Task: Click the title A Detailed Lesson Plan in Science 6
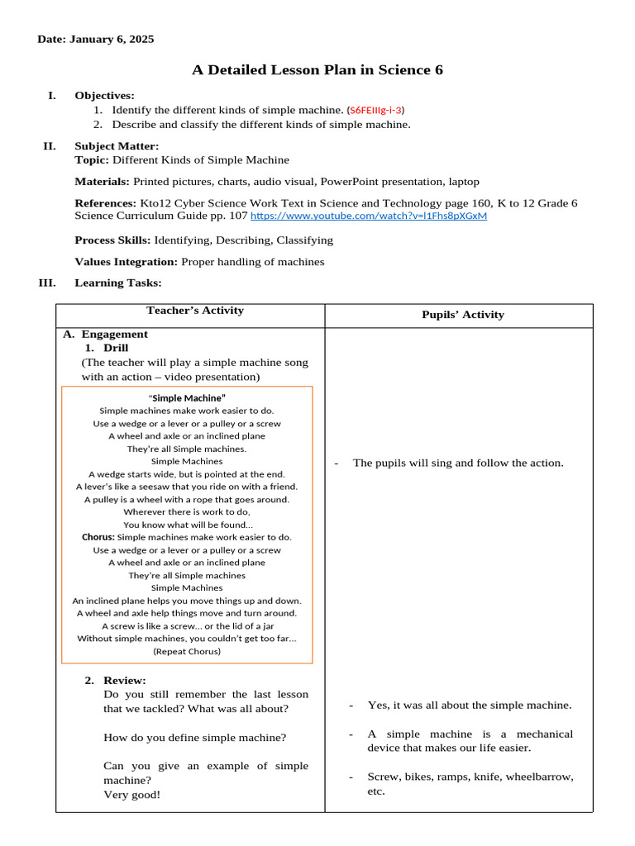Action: (317, 70)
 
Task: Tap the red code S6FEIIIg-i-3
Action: (376, 109)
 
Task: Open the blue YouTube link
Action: (368, 216)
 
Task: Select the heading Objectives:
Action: (104, 95)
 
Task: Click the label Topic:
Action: (92, 159)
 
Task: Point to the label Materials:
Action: (102, 181)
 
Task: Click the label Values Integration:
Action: (126, 261)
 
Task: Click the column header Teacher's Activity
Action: (195, 311)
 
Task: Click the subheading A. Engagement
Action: (106, 334)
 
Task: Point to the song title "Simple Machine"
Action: (187, 397)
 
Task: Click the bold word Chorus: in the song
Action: (98, 537)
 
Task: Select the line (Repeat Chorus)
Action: (187, 650)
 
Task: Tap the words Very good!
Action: (132, 794)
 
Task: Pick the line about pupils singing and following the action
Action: (457, 463)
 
